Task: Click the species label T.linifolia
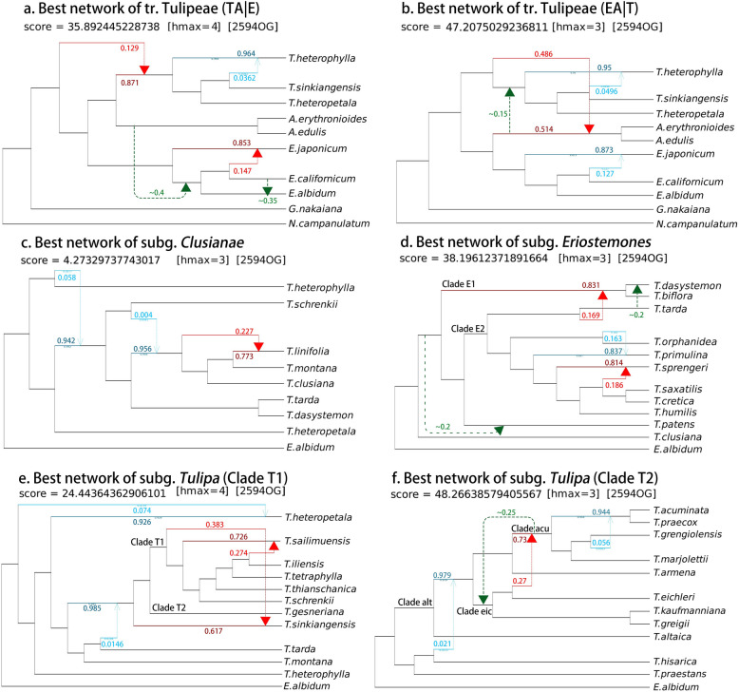[313, 338]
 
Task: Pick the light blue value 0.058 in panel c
[66, 277]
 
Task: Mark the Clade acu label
[531, 528]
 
